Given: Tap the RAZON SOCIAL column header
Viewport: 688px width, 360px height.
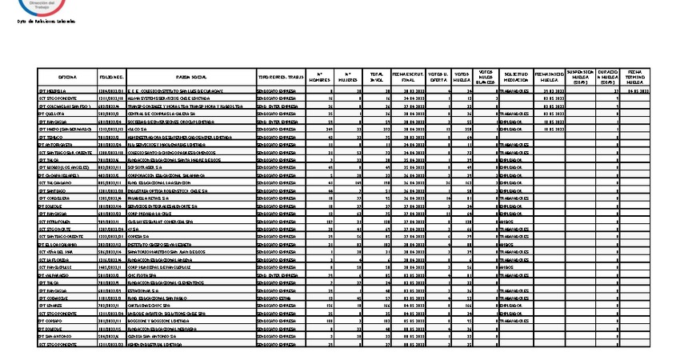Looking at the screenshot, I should click(191, 77).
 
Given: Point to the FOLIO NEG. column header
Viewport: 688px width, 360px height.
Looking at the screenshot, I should click(111, 77).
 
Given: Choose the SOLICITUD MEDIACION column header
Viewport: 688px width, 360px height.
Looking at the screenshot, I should click(516, 77).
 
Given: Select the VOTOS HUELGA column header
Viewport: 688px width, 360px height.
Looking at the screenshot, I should click(462, 77).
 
